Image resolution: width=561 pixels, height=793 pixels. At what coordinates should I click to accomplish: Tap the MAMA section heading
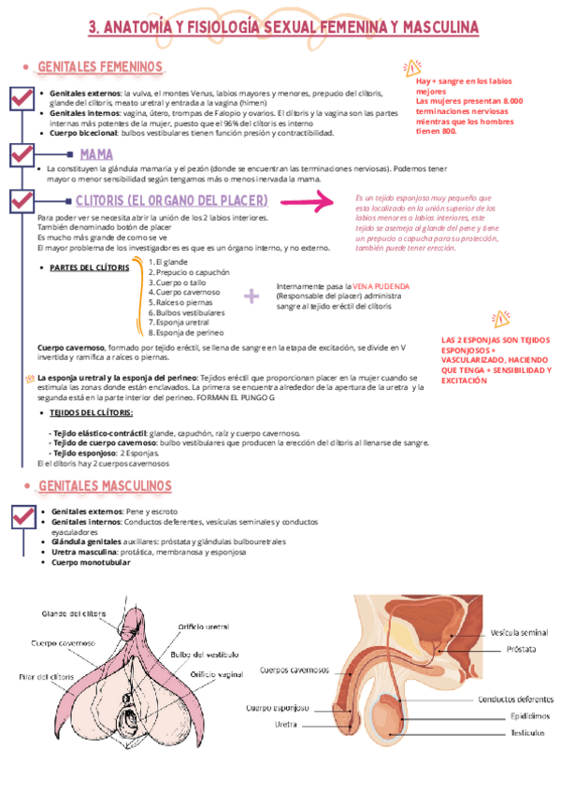point(96,154)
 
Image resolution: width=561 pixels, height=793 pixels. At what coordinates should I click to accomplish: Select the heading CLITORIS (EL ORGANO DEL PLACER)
point(171,201)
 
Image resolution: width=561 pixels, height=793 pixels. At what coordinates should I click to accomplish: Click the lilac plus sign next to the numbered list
point(251,296)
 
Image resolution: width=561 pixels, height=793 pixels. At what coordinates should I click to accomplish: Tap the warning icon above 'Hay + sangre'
point(411,67)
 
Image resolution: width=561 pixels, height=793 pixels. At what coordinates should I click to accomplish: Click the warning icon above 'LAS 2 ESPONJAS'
point(499,318)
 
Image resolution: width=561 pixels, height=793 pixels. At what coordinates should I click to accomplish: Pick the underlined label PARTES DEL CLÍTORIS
point(89,267)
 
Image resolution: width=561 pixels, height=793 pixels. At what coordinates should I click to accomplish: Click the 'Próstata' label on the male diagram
point(521,648)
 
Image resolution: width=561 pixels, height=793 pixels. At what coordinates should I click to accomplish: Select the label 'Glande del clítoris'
point(74,613)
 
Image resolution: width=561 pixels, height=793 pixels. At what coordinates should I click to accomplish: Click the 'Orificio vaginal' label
point(217,673)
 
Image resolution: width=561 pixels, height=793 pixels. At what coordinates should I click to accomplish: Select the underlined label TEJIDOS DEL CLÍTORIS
point(92,412)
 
